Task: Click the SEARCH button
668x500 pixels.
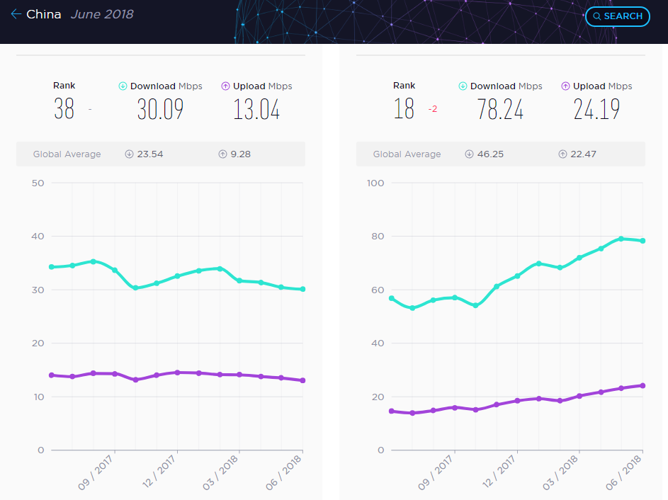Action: coord(618,16)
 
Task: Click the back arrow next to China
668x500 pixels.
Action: coord(16,14)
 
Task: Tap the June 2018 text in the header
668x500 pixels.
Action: coord(102,14)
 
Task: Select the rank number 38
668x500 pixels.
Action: coord(64,109)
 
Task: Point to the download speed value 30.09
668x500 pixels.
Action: coord(160,109)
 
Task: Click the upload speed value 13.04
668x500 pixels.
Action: coord(256,109)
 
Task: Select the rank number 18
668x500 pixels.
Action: coord(404,109)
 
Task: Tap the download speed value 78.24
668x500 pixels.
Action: coord(500,109)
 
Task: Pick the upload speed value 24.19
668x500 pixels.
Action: coord(596,109)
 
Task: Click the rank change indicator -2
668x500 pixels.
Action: coord(432,109)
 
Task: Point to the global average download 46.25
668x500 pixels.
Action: coord(489,154)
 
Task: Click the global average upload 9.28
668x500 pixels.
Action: coord(240,154)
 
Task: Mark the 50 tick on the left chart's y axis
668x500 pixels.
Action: coord(38,183)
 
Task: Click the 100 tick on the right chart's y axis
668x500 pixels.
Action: coord(375,183)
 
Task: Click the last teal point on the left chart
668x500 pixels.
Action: coord(302,289)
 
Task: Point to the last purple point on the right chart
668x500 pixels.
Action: coord(642,385)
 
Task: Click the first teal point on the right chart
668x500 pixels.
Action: coord(391,298)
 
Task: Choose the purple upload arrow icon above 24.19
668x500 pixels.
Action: coord(565,86)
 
